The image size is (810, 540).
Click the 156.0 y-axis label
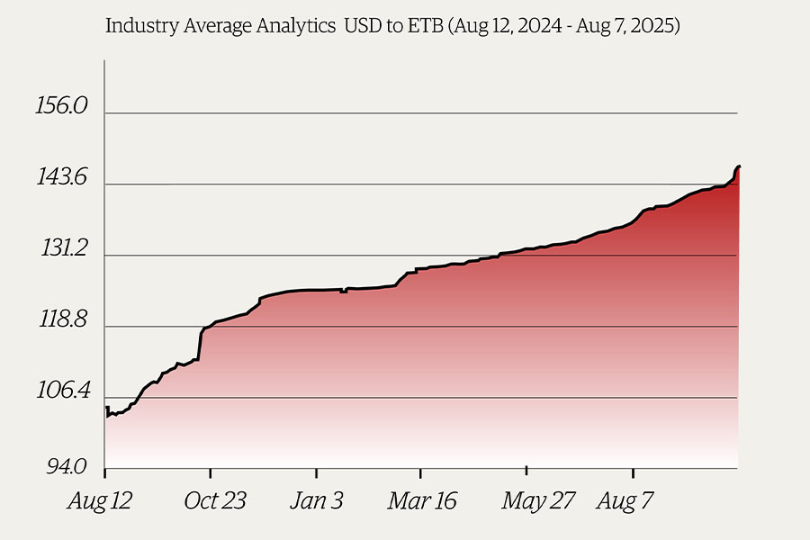[61, 106]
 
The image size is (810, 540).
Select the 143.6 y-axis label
[61, 178]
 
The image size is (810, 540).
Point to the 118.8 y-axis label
[61, 321]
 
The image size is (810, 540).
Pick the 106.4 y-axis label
[61, 392]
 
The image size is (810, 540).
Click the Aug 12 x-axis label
[99, 501]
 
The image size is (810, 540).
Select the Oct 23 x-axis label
[215, 501]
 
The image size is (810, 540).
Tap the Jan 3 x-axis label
[316, 501]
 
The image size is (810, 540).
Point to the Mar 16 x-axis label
[422, 501]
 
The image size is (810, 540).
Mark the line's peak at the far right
[738, 166]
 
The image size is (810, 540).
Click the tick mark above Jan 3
[317, 471]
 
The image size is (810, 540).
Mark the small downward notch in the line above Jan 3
[344, 292]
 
